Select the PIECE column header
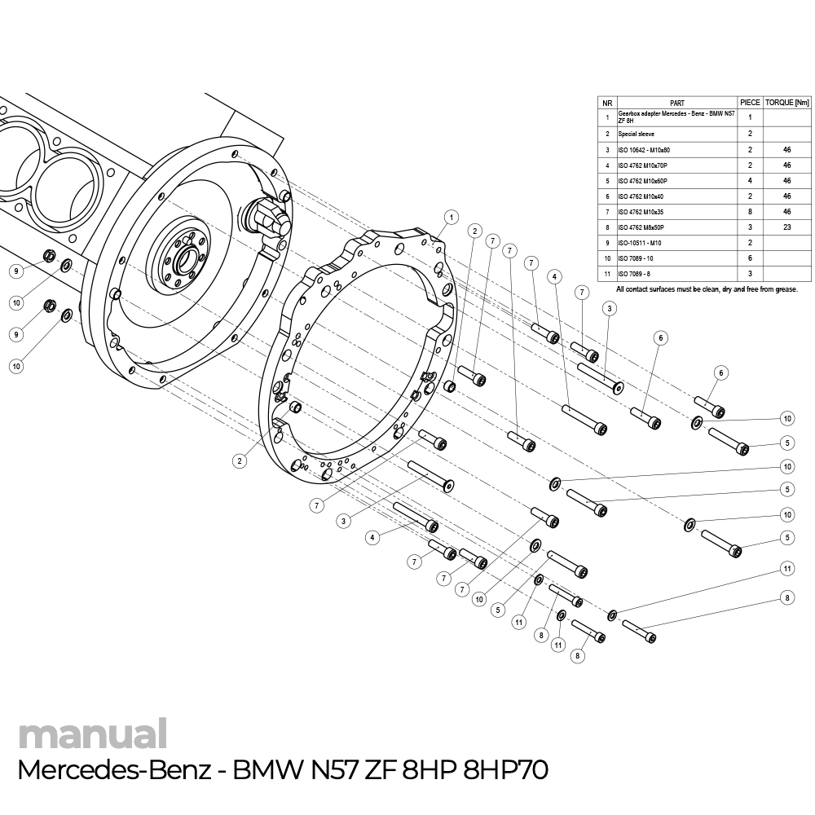[750, 103]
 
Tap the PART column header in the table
[676, 103]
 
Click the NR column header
[606, 103]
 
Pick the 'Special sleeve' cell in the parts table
[637, 133]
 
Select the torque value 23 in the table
[787, 227]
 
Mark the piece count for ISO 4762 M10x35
[750, 212]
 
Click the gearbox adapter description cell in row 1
[675, 117]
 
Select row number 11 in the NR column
[606, 274]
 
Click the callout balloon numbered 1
[450, 216]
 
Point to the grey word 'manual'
[92, 733]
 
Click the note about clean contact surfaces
[707, 289]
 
